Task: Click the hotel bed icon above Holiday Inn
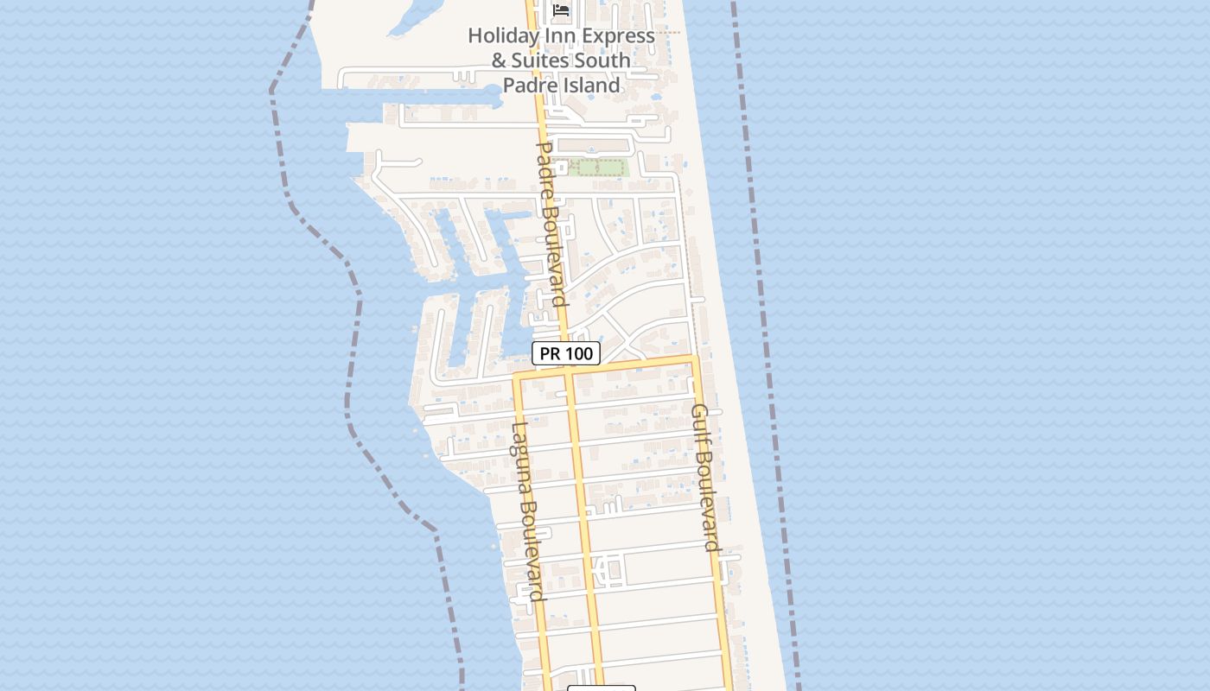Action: [x=562, y=10]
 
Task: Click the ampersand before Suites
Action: [x=499, y=60]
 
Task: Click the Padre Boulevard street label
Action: [x=551, y=225]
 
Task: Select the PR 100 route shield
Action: [x=566, y=353]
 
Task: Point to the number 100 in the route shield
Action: [x=578, y=353]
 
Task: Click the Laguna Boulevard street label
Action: [x=526, y=511]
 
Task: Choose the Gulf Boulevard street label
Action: [x=706, y=477]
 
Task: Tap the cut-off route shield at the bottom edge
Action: [x=602, y=688]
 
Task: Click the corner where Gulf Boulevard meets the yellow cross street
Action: [x=692, y=358]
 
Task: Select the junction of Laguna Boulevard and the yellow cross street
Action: [x=517, y=377]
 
